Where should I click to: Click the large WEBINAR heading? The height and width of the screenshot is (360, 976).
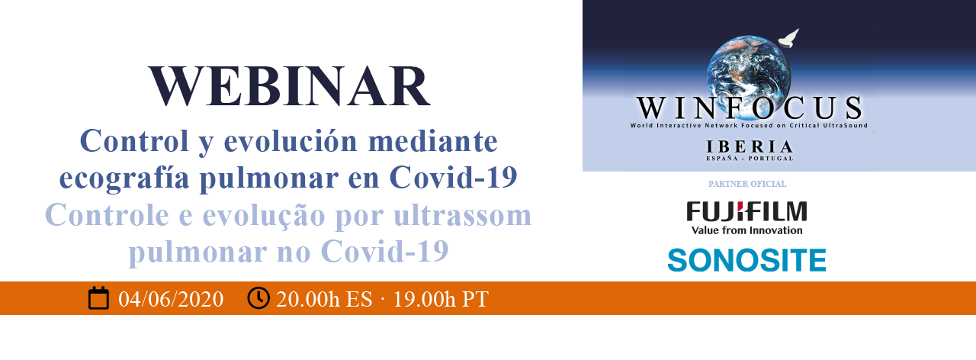[x=289, y=86]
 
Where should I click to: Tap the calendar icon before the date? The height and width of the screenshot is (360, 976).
[x=98, y=298]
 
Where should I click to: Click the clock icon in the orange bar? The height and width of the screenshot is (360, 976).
[x=258, y=297]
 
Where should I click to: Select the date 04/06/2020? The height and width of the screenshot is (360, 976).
[x=171, y=299]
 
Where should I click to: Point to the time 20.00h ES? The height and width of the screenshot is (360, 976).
[x=324, y=299]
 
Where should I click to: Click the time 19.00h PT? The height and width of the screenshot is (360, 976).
[x=441, y=299]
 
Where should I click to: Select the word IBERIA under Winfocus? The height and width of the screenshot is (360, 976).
[x=749, y=147]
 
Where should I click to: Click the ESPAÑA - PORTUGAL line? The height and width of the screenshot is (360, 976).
[x=750, y=158]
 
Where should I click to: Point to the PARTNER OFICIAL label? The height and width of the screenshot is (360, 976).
[x=747, y=184]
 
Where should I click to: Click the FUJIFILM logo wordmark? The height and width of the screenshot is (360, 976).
[x=746, y=211]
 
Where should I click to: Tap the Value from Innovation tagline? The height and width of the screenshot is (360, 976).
[x=746, y=230]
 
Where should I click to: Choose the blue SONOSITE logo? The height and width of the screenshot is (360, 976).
[x=746, y=260]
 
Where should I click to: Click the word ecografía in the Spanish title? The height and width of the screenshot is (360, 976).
[x=124, y=178]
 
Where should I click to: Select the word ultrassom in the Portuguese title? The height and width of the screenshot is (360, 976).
[x=462, y=215]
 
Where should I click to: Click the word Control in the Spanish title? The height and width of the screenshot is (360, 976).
[x=134, y=141]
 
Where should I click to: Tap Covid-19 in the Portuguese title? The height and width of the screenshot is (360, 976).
[x=385, y=252]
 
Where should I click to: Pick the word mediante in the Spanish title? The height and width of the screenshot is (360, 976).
[x=432, y=141]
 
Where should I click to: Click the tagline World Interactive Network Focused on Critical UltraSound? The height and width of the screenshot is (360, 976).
[x=749, y=126]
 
